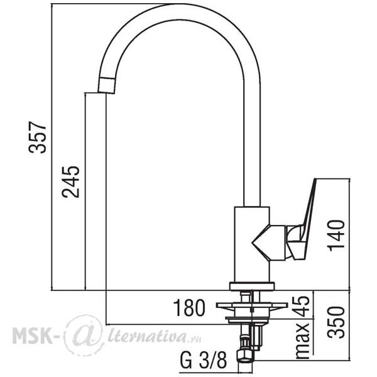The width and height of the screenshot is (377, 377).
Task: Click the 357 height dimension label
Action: (37, 137)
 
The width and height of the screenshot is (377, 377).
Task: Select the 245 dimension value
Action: (70, 182)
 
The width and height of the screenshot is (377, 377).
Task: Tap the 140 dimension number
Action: (336, 236)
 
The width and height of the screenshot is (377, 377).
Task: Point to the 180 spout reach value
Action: (189, 308)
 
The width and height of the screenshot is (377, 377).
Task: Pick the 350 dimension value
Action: (336, 322)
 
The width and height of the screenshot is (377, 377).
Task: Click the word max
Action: (303, 341)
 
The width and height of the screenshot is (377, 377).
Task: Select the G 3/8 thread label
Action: (203, 360)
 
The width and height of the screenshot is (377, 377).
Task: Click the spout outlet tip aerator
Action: (107, 85)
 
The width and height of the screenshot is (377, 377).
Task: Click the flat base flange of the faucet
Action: (252, 286)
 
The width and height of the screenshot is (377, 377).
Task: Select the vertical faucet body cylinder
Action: (252, 244)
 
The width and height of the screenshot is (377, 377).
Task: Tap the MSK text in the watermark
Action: (33, 335)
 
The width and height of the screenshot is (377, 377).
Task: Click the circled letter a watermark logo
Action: (84, 335)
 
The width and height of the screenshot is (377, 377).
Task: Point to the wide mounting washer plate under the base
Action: (252, 305)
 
